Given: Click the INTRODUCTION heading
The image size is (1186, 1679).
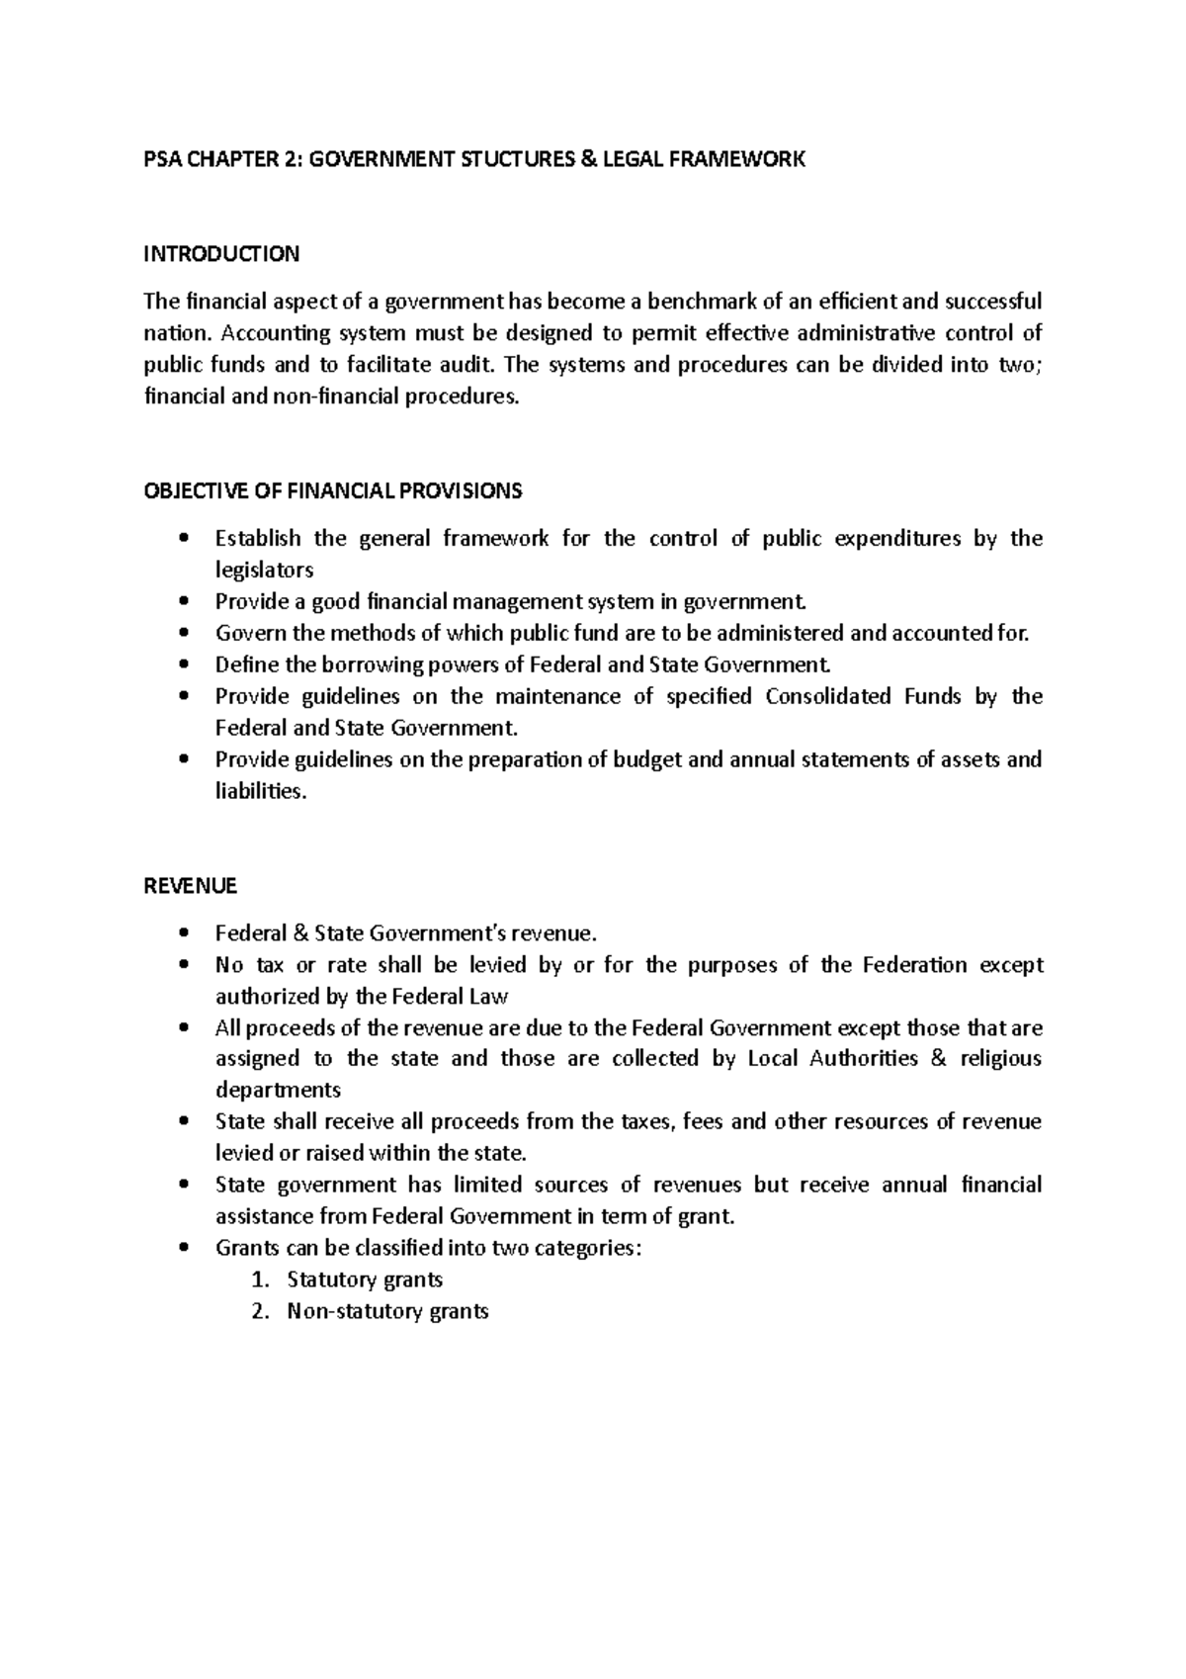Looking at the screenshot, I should tap(221, 254).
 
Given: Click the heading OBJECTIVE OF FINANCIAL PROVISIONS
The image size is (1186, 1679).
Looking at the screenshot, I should tap(333, 491).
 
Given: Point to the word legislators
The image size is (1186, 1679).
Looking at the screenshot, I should tap(264, 571).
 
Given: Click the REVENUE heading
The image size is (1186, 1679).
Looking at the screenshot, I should tap(191, 886).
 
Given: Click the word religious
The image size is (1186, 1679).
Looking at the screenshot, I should tap(1002, 1059).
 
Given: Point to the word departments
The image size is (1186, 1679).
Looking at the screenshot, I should tap(278, 1091).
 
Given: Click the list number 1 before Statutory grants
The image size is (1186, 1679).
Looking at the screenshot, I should tap(259, 1280).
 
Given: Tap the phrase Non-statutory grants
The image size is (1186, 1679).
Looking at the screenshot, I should tap(387, 1312).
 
